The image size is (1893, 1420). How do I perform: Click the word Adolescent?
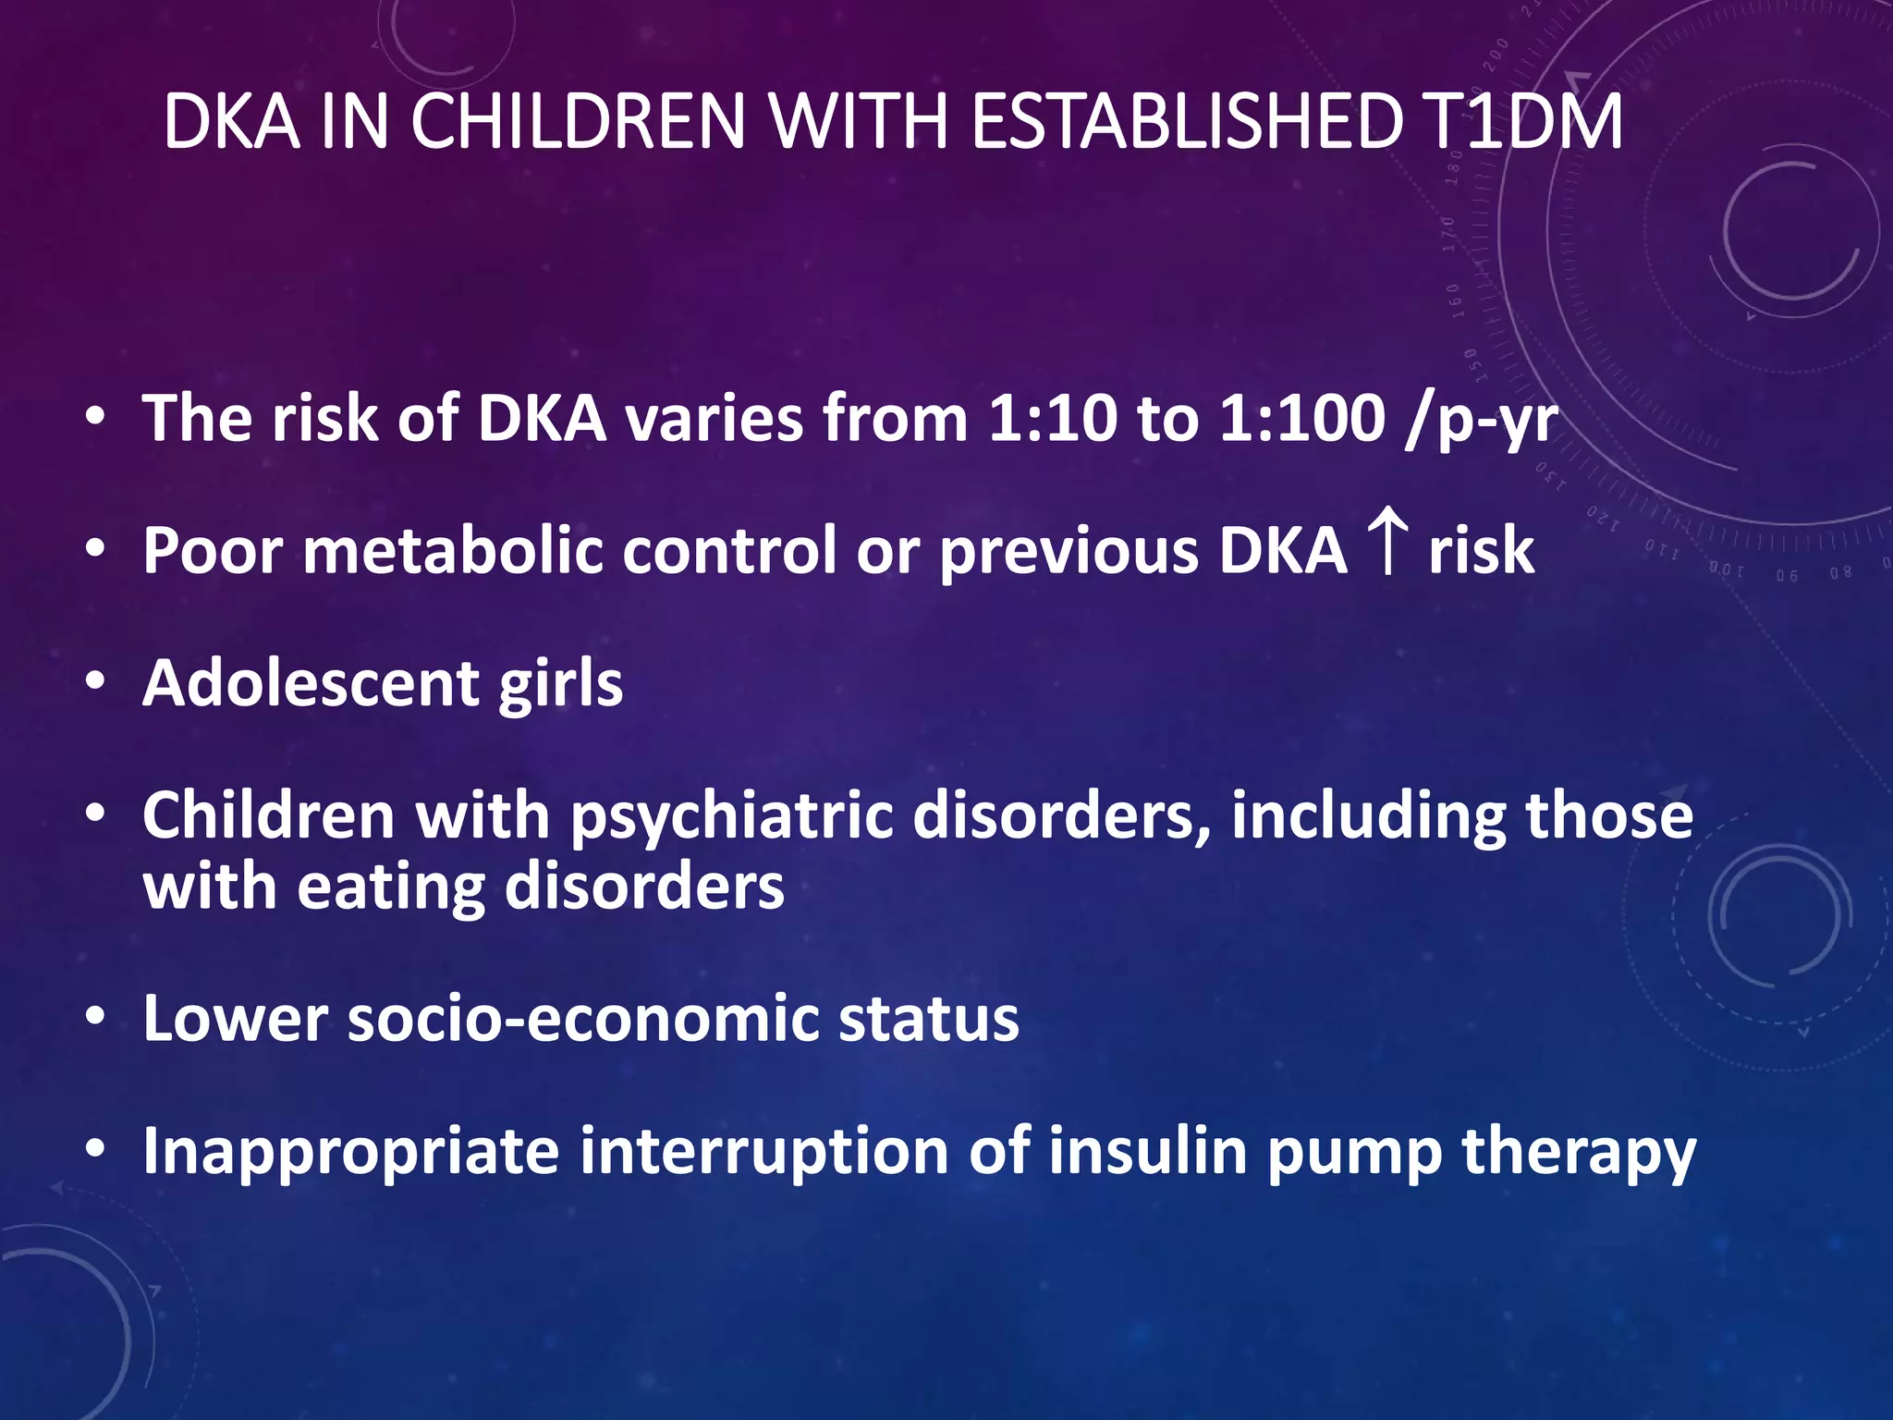(x=311, y=683)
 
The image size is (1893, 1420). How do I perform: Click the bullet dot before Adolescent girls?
(x=95, y=682)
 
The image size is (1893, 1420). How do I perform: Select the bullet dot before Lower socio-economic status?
(x=95, y=1018)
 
